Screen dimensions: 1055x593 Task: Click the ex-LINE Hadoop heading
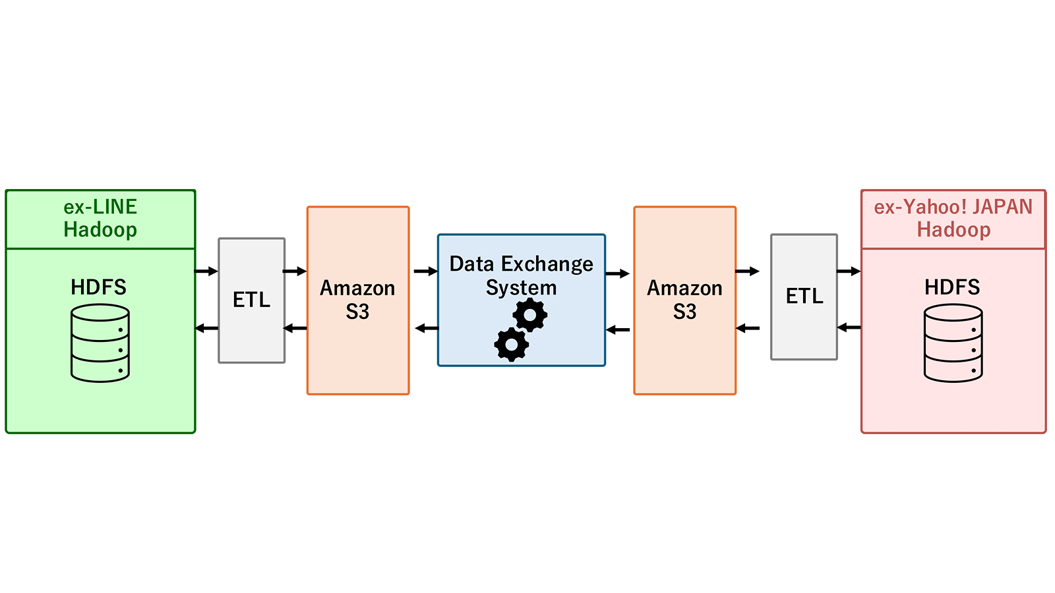pyautogui.click(x=100, y=218)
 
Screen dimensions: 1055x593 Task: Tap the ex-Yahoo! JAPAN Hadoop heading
pyautogui.click(x=953, y=218)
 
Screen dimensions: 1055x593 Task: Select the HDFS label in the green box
pyautogui.click(x=98, y=287)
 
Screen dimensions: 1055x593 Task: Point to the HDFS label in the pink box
pyautogui.click(x=952, y=287)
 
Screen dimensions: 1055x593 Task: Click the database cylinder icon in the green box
pyautogui.click(x=100, y=343)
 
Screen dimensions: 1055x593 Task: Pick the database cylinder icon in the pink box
pyautogui.click(x=953, y=343)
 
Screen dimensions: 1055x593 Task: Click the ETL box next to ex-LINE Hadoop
pyautogui.click(x=251, y=300)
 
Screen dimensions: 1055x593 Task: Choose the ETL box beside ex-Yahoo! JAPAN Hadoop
pyautogui.click(x=804, y=297)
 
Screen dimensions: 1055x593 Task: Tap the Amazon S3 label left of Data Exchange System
pyautogui.click(x=357, y=300)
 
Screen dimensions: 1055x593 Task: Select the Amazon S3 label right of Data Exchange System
pyautogui.click(x=684, y=300)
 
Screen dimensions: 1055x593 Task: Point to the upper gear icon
pyautogui.click(x=530, y=315)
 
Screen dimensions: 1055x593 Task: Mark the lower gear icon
pyautogui.click(x=512, y=345)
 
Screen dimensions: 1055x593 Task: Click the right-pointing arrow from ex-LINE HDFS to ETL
pyautogui.click(x=206, y=271)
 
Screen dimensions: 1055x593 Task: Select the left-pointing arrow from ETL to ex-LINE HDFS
pyautogui.click(x=207, y=328)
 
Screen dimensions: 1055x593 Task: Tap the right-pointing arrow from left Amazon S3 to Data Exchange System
pyautogui.click(x=426, y=271)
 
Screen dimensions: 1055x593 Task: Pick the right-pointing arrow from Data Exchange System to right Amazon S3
pyautogui.click(x=617, y=273)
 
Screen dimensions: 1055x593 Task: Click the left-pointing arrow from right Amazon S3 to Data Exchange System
pyautogui.click(x=618, y=330)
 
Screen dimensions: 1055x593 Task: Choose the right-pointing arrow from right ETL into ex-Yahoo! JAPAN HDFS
pyautogui.click(x=849, y=271)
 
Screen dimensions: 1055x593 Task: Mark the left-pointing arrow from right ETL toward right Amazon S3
pyautogui.click(x=748, y=328)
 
